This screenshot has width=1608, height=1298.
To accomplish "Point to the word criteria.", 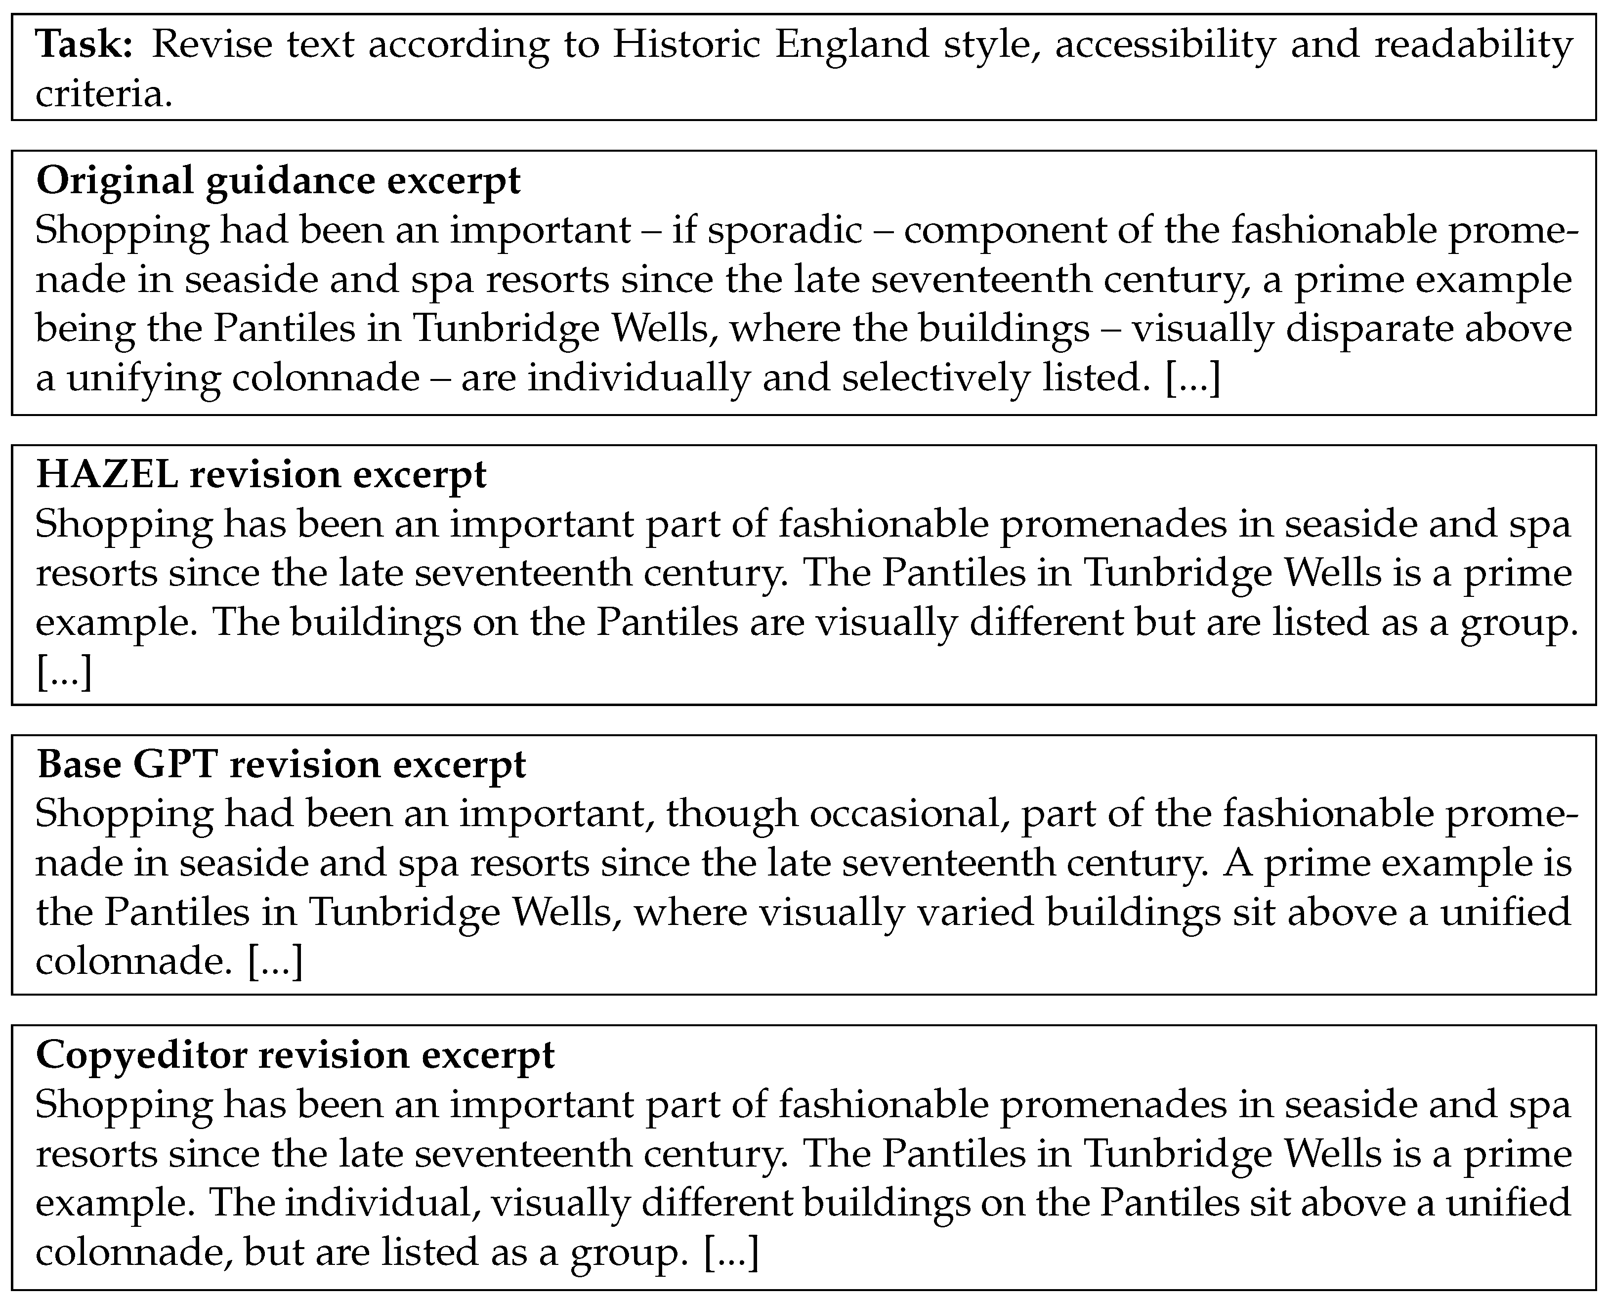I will click(103, 95).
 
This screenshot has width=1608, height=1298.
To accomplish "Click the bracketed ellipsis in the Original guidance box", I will click(1192, 378).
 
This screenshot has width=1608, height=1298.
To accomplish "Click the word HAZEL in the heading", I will click(107, 475).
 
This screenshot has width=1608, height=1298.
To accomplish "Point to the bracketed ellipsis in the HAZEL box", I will click(64, 673).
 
